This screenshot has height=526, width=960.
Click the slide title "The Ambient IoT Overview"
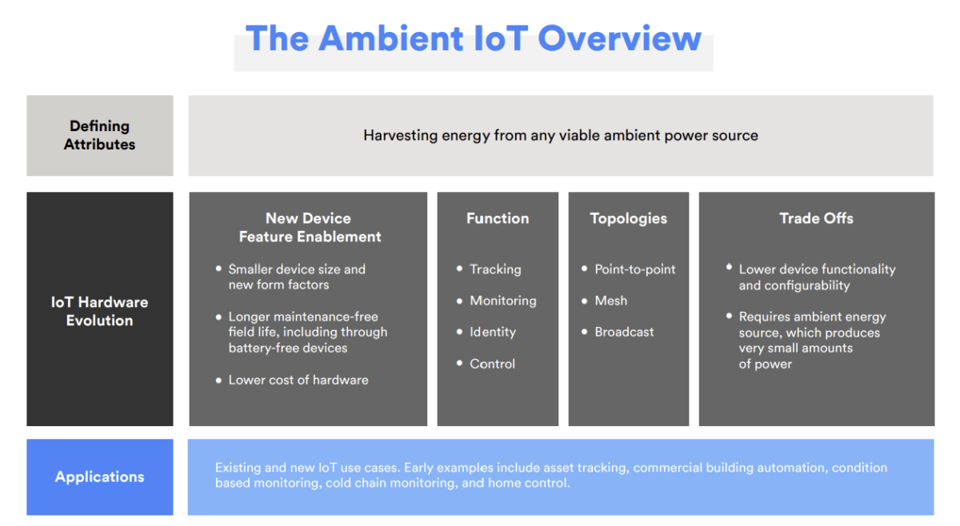coord(473,38)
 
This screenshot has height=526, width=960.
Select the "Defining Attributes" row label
coord(99,135)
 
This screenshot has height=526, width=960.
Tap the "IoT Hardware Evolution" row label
coord(99,311)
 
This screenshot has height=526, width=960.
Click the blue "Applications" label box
coord(99,476)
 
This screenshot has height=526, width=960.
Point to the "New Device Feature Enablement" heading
coord(309,227)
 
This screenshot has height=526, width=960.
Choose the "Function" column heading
coord(498,218)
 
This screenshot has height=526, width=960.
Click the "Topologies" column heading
coord(628,218)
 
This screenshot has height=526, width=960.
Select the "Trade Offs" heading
coord(816,218)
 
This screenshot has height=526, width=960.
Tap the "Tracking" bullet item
coord(495,269)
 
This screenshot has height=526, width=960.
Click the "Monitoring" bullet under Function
coord(502,301)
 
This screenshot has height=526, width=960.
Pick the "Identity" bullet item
coord(493,332)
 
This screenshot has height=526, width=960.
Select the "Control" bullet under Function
coord(493,364)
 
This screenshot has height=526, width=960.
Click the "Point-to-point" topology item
coord(634,269)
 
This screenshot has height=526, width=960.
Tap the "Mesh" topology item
coord(610,301)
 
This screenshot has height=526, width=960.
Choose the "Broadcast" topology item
coord(624,332)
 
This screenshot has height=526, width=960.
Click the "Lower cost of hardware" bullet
coord(298,380)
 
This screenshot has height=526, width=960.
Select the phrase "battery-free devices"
coord(288,348)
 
